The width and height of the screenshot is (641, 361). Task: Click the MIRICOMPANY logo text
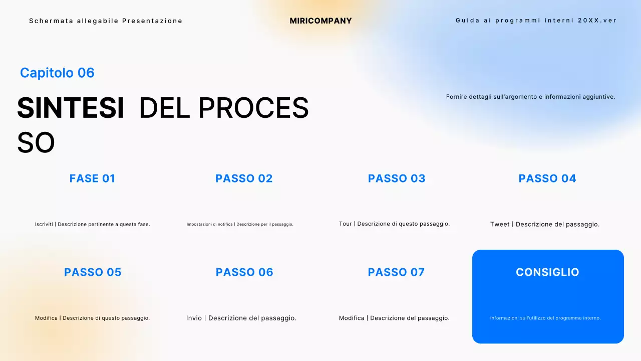pyautogui.click(x=320, y=21)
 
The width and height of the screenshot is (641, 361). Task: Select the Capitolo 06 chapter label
pyautogui.click(x=57, y=73)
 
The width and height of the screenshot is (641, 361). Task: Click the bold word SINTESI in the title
pyautogui.click(x=71, y=108)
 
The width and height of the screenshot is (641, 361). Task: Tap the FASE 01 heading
pyautogui.click(x=92, y=178)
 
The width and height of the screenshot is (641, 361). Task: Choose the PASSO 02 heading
pyautogui.click(x=244, y=178)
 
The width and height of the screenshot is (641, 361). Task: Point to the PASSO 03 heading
pyautogui.click(x=397, y=178)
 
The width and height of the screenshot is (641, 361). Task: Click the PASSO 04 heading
pyautogui.click(x=547, y=178)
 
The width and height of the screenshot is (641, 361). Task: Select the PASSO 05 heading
pyautogui.click(x=93, y=272)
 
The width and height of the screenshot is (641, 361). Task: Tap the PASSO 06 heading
pyautogui.click(x=244, y=272)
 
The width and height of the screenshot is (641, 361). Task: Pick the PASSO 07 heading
pyautogui.click(x=396, y=272)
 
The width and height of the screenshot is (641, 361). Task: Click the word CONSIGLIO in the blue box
pyautogui.click(x=547, y=272)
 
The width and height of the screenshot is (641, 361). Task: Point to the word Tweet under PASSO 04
pyautogui.click(x=500, y=224)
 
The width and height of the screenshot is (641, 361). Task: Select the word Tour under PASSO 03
pyautogui.click(x=346, y=224)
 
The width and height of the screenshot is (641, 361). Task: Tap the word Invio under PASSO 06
pyautogui.click(x=194, y=318)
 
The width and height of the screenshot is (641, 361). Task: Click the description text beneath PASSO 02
pyautogui.click(x=240, y=224)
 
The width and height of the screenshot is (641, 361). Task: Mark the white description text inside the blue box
pyautogui.click(x=545, y=318)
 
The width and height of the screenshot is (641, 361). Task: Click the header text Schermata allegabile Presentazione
pyautogui.click(x=106, y=21)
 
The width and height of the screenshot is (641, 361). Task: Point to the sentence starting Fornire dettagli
pyautogui.click(x=530, y=97)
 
